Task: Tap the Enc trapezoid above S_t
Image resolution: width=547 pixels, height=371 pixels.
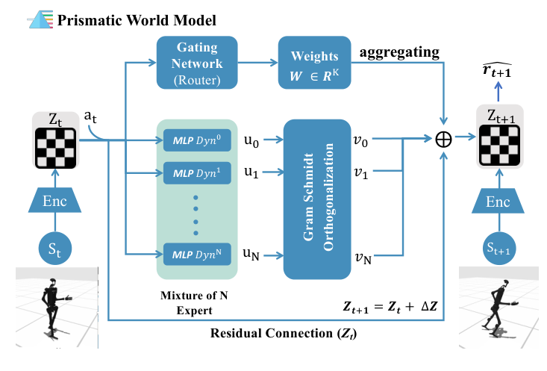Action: pos(55,201)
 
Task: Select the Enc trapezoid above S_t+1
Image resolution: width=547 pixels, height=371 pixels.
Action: pos(499,201)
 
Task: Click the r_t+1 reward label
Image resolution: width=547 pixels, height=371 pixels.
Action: pos(499,70)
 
